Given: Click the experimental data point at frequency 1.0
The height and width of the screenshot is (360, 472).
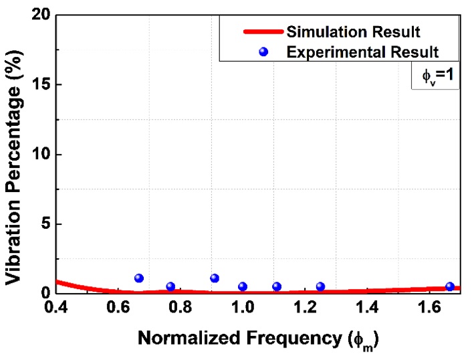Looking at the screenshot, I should (x=243, y=286).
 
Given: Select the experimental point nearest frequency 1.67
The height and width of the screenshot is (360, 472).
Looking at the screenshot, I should (x=450, y=286).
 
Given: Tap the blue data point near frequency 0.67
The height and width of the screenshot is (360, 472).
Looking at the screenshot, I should (x=139, y=278).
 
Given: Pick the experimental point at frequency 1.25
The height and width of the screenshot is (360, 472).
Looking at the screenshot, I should (x=320, y=286).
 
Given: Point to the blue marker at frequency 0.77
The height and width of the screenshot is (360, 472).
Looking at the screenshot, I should (x=170, y=286).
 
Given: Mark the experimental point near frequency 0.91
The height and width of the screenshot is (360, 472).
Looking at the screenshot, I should (x=215, y=278).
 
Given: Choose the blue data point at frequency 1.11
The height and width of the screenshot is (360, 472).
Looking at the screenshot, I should (x=277, y=286).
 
